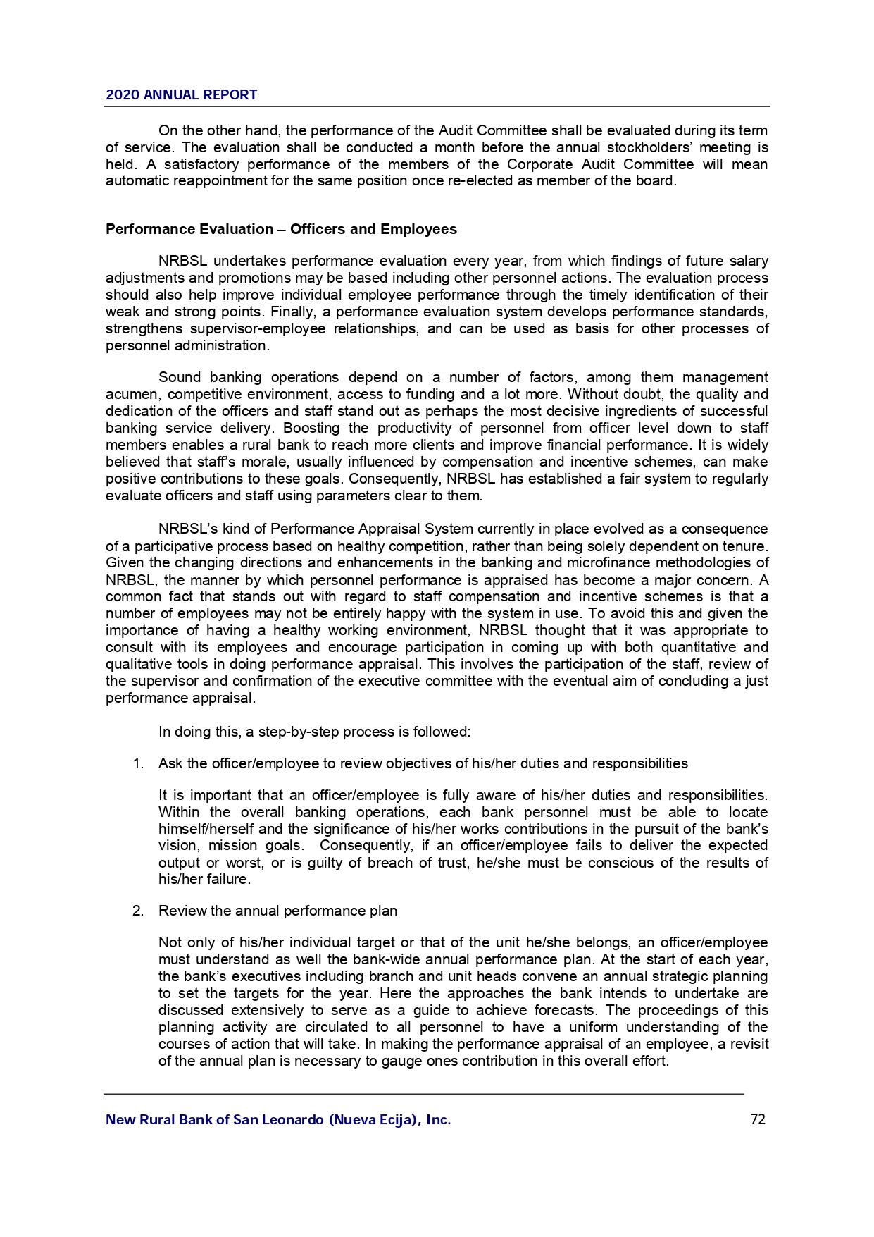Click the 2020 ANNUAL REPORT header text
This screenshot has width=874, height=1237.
(181, 94)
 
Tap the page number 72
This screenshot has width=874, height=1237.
(758, 1119)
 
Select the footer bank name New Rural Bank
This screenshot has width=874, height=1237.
(278, 1119)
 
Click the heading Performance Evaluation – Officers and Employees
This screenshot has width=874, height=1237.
(281, 229)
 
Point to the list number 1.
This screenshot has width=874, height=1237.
(138, 763)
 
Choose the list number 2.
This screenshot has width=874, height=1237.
(138, 911)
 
